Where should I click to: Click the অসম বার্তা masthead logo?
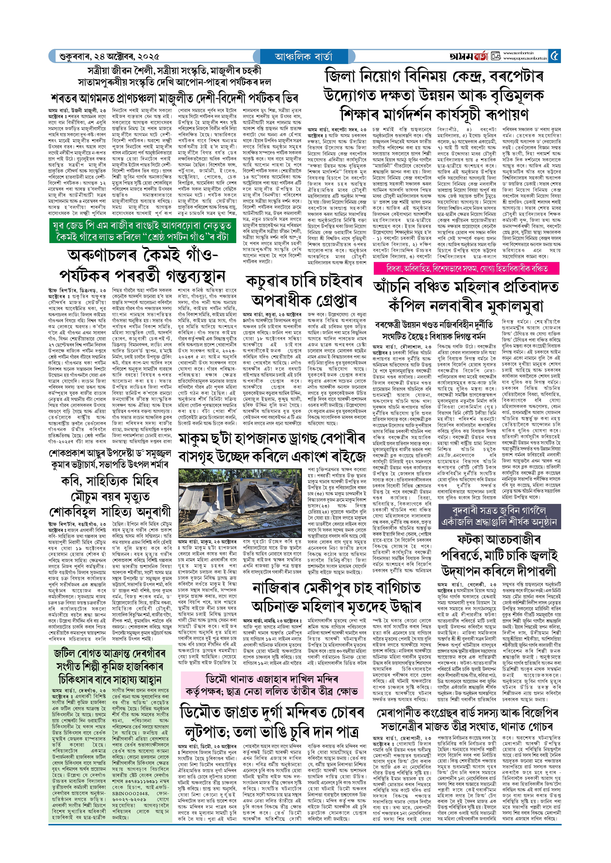click(468, 56)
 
